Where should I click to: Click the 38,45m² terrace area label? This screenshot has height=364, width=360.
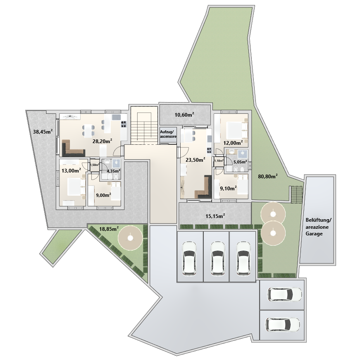(43, 132)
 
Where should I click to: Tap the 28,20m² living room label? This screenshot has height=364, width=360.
(102, 141)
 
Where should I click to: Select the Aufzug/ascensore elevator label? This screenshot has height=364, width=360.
(168, 134)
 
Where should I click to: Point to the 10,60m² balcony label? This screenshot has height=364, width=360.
(184, 115)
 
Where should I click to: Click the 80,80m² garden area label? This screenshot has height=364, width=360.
(268, 177)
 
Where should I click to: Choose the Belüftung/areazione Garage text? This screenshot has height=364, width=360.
(317, 227)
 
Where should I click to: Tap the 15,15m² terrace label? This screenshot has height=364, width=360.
(215, 216)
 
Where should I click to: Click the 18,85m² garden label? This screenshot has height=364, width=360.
(109, 229)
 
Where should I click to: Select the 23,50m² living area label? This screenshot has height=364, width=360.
(195, 160)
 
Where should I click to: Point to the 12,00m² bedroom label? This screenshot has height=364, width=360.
(233, 143)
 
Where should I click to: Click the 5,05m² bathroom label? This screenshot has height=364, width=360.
(240, 162)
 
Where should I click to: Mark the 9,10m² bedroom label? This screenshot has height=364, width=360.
(228, 188)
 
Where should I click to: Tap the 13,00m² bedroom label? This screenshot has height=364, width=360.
(71, 170)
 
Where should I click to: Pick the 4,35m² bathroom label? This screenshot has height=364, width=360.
(113, 171)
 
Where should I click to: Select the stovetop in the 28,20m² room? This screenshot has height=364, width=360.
(124, 124)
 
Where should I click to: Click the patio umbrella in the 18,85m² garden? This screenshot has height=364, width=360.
(130, 238)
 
